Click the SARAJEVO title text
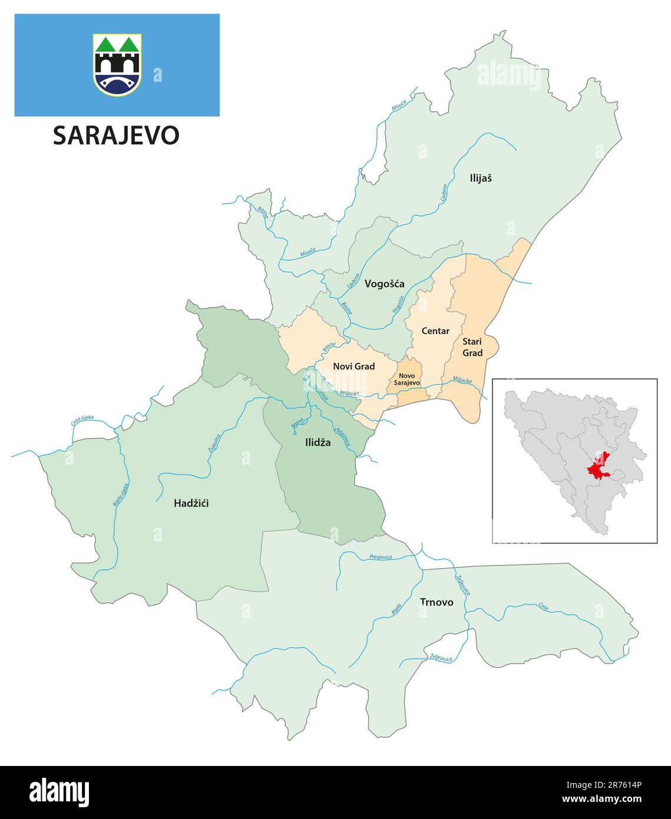pos(116,136)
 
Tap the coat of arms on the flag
pos(117,64)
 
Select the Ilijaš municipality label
pos(480,177)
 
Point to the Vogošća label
pos(384,284)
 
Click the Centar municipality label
pos(435,331)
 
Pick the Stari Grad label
pos(472,347)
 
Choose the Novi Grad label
pos(353,366)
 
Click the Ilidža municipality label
pos(318,442)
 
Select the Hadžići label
pos(191,503)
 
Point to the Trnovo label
pos(437,602)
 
